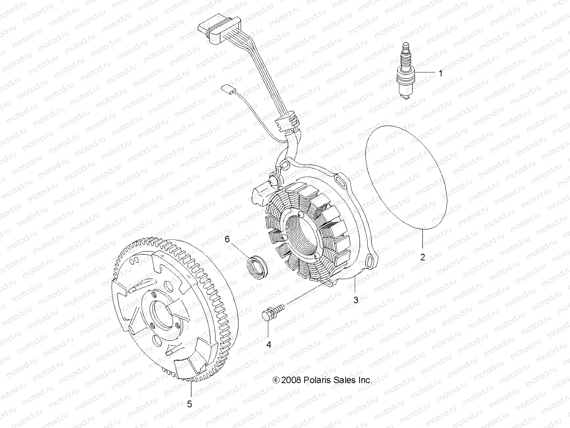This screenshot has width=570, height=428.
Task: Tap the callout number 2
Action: pyautogui.click(x=423, y=257)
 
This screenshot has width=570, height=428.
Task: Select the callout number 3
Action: pyautogui.click(x=356, y=300)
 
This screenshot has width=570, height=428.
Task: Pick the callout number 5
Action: pyautogui.click(x=190, y=404)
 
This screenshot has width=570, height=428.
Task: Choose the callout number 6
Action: pyautogui.click(x=227, y=240)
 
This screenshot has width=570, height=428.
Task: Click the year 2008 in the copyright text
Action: pyautogui.click(x=291, y=380)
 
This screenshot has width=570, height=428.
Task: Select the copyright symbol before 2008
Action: pyautogui.click(x=276, y=380)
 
